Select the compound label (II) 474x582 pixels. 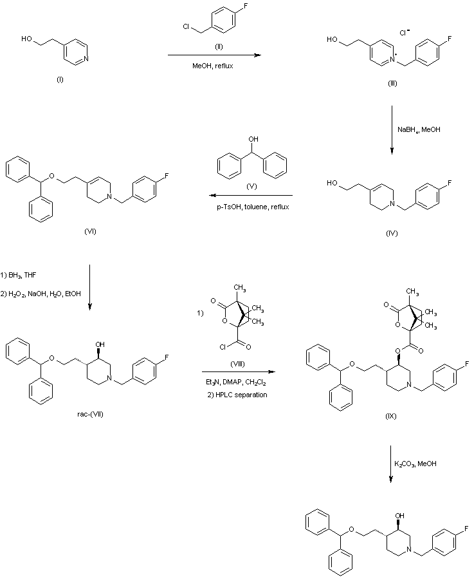coord(219,47)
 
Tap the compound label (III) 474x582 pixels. coord(392,84)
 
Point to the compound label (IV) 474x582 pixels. coord(392,233)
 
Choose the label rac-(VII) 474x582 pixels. coord(87,413)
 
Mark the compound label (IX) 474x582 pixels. coord(391,416)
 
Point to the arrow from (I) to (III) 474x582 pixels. coord(214,55)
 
